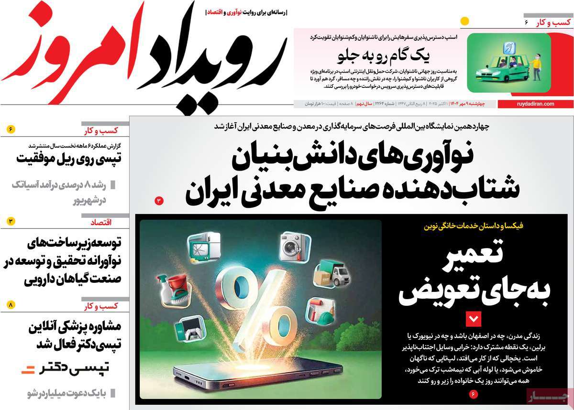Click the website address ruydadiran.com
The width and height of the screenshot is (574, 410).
click(535, 104)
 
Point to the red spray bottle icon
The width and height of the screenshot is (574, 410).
click(171, 287)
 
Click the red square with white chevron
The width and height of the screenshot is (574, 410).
click(474, 318)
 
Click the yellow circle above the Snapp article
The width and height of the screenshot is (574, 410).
click(464, 22)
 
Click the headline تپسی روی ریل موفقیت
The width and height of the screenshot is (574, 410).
click(69, 158)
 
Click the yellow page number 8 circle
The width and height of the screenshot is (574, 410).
click(11, 304)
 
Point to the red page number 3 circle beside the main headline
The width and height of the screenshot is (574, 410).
click(159, 201)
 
